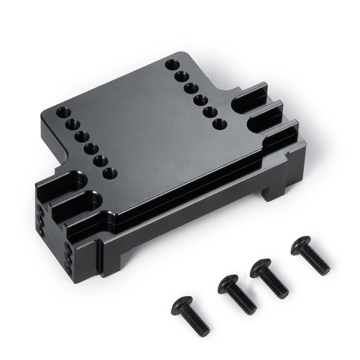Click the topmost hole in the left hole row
tap(63, 112)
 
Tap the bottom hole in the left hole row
tap(109, 173)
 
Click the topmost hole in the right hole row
tap(172, 64)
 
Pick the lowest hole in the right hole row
tap(220, 124)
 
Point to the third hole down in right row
tap(191, 88)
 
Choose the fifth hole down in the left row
tap(100, 161)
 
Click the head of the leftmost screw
tap(182, 305)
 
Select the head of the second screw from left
tap(229, 284)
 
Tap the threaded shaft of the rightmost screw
tap(317, 263)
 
